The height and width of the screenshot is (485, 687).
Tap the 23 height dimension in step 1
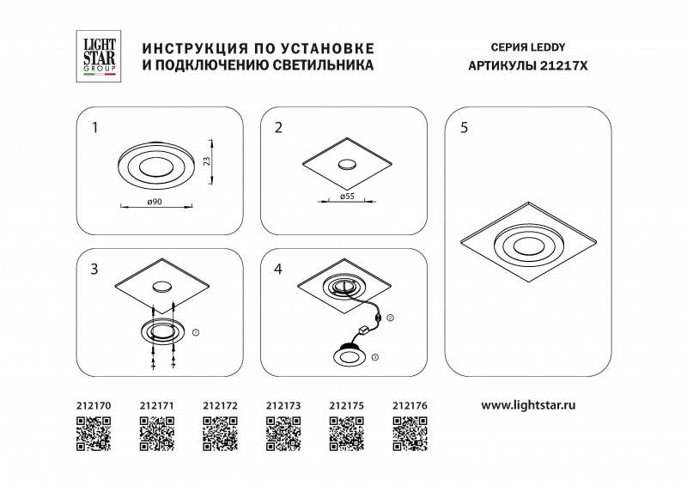207,160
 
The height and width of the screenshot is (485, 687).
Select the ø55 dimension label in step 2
349,196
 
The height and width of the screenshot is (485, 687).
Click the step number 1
95,129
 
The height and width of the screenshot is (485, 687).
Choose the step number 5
465,129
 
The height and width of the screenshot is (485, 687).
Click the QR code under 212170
94,433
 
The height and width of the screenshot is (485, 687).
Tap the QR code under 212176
409,433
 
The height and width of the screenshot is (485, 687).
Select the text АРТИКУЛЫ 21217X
529,65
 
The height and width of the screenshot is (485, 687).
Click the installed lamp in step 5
527,245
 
